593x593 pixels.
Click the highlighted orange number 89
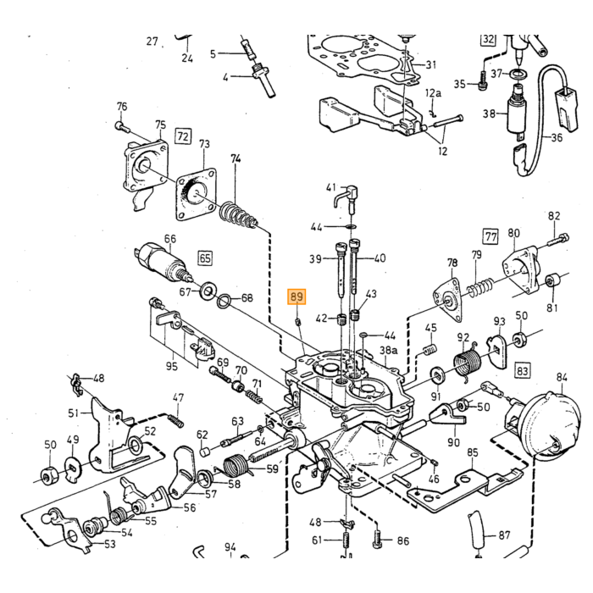click(296, 296)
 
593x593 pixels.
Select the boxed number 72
click(183, 136)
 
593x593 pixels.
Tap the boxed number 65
click(205, 258)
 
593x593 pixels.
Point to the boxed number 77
click(490, 236)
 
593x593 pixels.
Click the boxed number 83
click(523, 370)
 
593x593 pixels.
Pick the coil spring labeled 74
click(239, 215)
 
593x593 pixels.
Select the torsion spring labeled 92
click(467, 361)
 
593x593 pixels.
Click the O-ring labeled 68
click(224, 300)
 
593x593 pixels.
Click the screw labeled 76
click(122, 127)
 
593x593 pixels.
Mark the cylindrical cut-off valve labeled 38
click(518, 112)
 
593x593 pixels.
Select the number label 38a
click(388, 350)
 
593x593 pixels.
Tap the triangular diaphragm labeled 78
click(449, 301)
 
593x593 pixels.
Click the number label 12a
click(433, 93)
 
